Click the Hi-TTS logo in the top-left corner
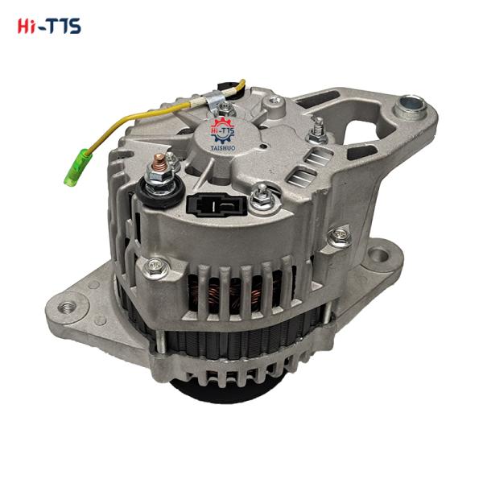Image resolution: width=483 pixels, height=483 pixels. pyautogui.click(x=49, y=26)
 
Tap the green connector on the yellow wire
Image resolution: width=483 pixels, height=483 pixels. pyautogui.click(x=78, y=167)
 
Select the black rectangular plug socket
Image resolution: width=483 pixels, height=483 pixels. pyautogui.click(x=217, y=204)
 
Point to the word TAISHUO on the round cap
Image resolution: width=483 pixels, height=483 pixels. pyautogui.click(x=223, y=148)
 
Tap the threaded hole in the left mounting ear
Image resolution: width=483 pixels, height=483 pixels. pyautogui.click(x=67, y=307)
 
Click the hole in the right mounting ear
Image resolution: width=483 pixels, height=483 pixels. pyautogui.click(x=379, y=254)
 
